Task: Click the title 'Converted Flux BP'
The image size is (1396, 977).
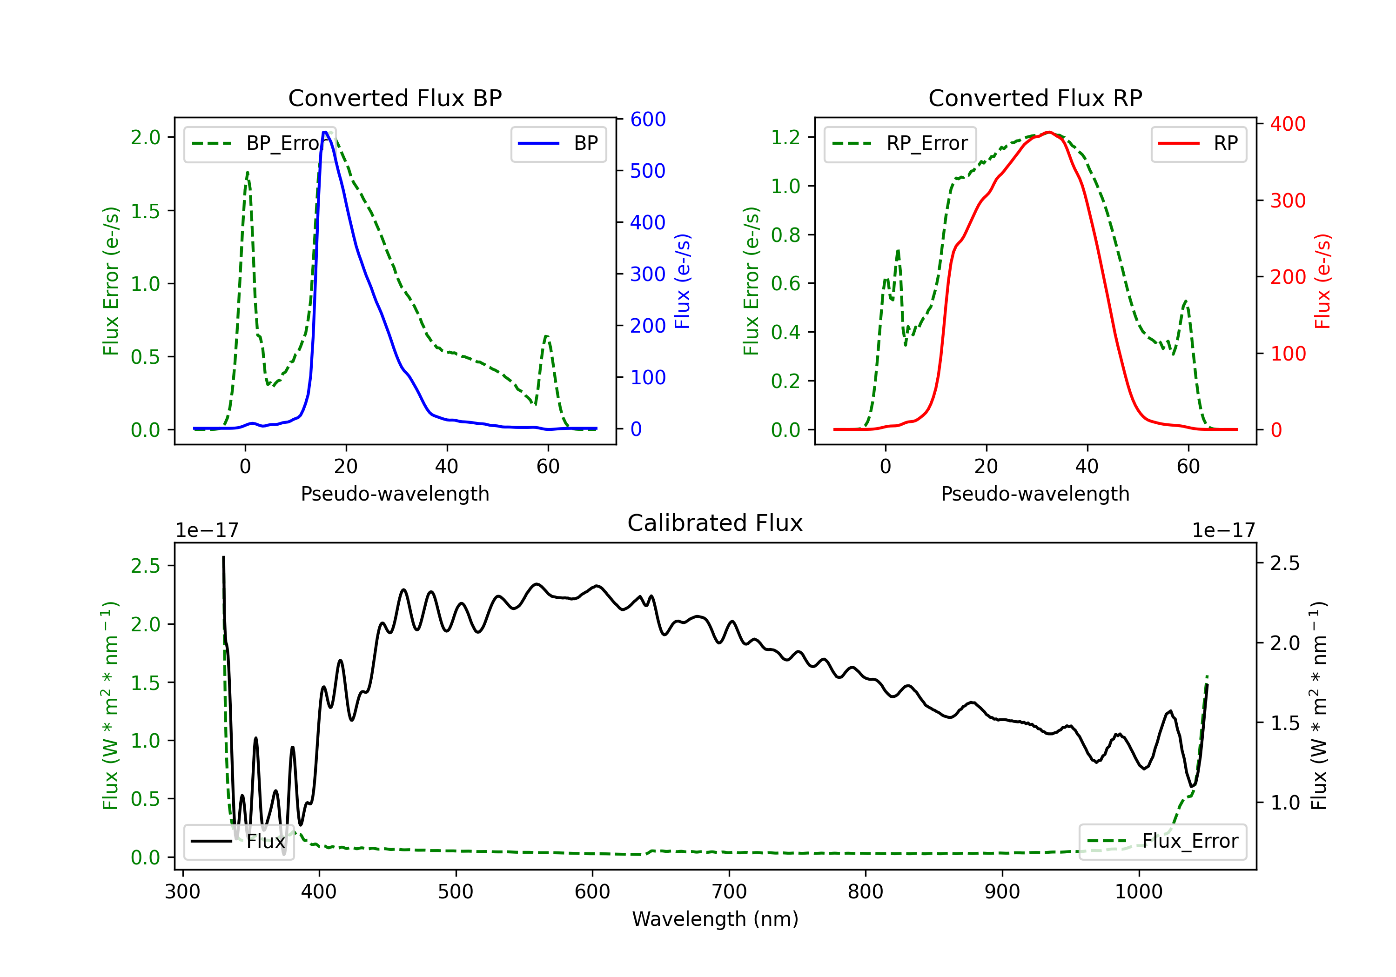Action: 395,98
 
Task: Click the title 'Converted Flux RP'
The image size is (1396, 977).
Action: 1035,98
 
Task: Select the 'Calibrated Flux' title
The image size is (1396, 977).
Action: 715,523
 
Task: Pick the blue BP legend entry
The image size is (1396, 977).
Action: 558,143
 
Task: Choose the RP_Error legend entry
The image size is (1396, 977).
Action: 900,143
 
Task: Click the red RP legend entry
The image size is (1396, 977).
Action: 1198,143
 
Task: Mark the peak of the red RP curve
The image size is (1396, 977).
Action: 1049,132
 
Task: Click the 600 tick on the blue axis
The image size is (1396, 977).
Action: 648,119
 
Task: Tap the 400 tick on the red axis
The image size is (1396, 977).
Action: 1288,124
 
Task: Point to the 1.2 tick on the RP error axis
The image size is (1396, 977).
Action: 785,137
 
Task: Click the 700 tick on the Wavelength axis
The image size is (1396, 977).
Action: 729,892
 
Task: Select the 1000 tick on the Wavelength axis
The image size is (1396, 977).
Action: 1139,892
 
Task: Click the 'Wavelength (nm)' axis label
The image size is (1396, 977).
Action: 715,919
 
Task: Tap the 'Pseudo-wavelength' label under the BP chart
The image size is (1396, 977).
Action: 395,494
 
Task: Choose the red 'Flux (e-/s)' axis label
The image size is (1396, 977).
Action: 1322,281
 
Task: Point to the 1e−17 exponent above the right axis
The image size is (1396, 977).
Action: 1223,530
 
